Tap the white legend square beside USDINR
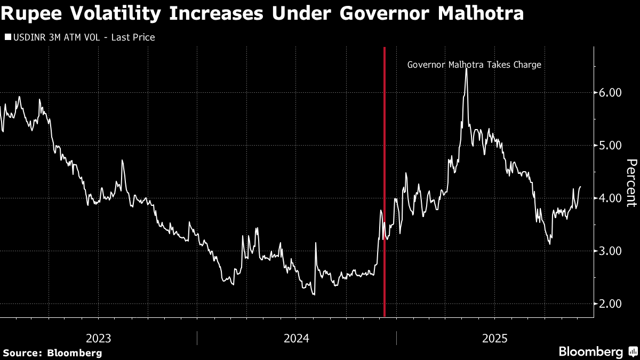point(7,37)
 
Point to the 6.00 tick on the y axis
point(607,92)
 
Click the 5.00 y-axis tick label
point(607,145)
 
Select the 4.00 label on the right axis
point(607,198)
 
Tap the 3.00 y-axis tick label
point(607,251)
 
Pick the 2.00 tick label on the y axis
point(607,303)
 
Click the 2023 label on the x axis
point(99,338)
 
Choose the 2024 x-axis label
point(297,338)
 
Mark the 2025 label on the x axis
point(494,338)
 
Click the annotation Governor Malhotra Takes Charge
point(474,65)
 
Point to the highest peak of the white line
point(466,69)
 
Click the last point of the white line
point(580,187)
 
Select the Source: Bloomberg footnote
point(52,353)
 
